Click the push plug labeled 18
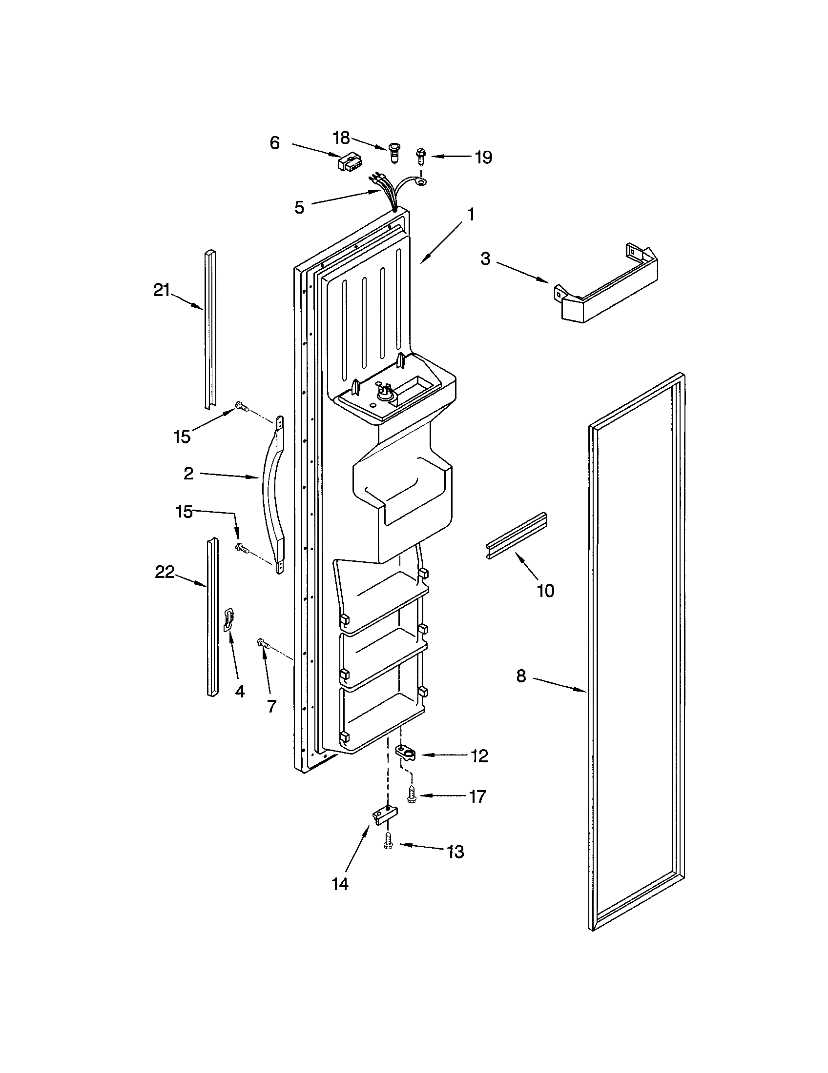tap(394, 151)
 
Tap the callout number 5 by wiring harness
tap(299, 207)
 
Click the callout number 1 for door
tap(471, 215)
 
